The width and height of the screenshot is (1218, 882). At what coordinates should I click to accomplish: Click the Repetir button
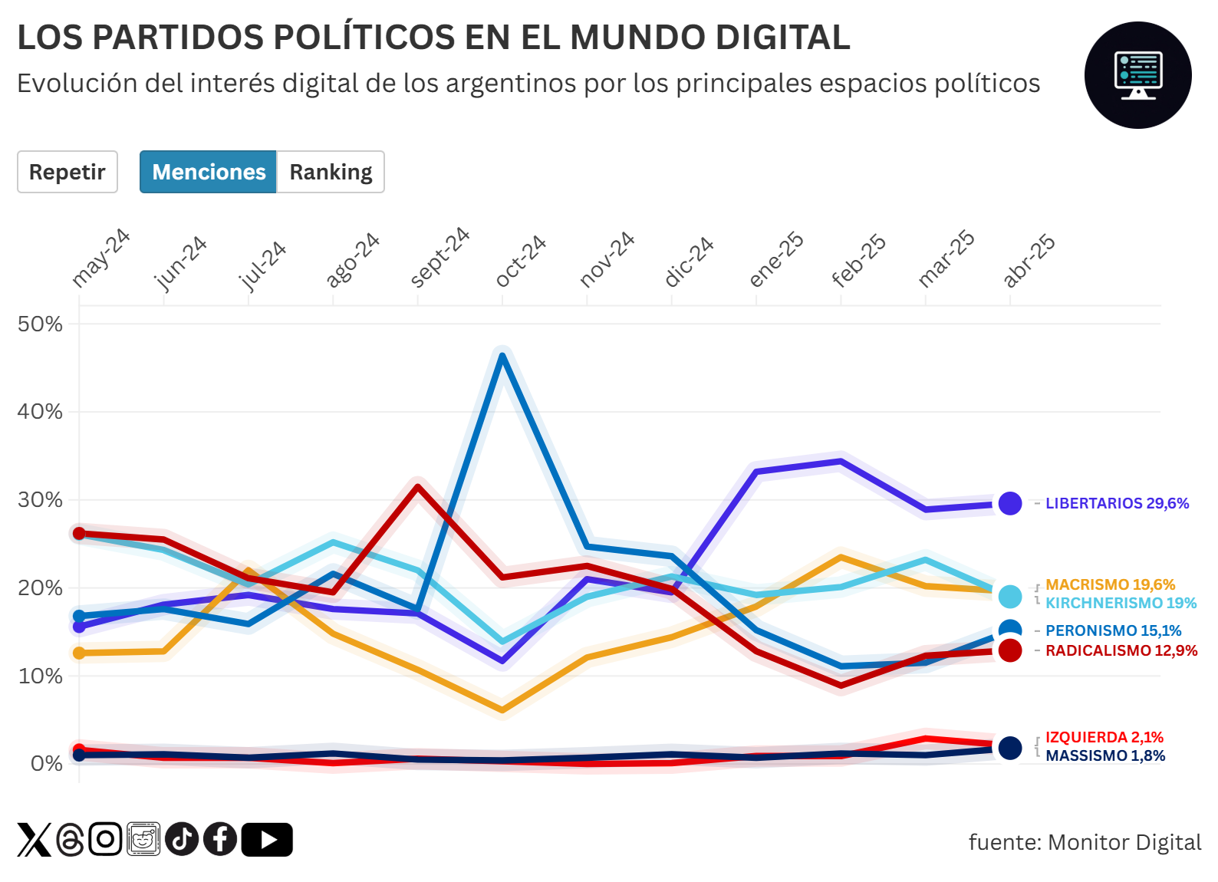[67, 172]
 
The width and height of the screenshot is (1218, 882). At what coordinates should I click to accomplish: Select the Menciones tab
[209, 172]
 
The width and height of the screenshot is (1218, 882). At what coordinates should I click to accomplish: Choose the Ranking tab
[331, 172]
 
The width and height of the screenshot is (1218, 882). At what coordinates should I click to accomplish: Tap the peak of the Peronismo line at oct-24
[502, 356]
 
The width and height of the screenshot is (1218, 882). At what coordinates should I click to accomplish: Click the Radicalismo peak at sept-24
[418, 485]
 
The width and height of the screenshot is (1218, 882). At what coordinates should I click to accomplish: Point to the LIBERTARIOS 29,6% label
[1117, 503]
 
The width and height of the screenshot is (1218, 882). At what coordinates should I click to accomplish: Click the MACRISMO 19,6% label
[1110, 584]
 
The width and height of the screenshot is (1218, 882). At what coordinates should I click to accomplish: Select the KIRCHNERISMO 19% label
[1121, 603]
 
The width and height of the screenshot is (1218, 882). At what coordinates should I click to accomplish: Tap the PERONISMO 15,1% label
[1113, 630]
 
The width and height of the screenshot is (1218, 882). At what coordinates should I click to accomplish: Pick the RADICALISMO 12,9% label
[1121, 650]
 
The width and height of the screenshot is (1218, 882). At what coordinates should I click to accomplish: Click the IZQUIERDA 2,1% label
[1104, 737]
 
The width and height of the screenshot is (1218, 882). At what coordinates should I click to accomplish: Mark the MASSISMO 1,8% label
[1104, 755]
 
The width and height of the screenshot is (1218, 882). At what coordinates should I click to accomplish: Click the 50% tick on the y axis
[40, 324]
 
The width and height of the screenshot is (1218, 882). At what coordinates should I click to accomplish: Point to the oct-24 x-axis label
[521, 261]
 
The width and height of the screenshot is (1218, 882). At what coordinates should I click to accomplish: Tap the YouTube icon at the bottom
[267, 839]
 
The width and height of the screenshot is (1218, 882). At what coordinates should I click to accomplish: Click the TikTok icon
[182, 839]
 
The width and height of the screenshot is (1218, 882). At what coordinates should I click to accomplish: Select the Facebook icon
[220, 839]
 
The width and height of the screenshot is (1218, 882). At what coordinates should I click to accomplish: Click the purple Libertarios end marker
[1010, 503]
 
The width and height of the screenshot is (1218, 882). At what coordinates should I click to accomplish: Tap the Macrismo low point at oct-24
[502, 710]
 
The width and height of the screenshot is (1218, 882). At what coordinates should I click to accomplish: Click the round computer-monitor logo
[1137, 75]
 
